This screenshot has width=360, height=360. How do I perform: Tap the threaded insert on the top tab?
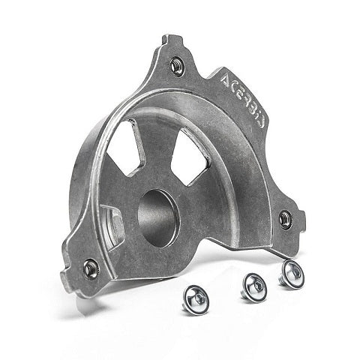tap(177, 66)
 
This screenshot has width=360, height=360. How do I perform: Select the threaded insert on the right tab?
tap(285, 220)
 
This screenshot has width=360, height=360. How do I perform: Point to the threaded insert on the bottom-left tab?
tap(91, 268)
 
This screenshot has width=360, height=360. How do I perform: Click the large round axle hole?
tap(159, 218)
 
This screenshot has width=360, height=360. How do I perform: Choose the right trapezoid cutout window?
tap(190, 158)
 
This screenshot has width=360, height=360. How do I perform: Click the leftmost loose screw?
tap(196, 299)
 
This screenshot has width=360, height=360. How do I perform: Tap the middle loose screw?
tap(253, 287)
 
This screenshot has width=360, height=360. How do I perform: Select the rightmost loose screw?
tap(292, 274)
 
